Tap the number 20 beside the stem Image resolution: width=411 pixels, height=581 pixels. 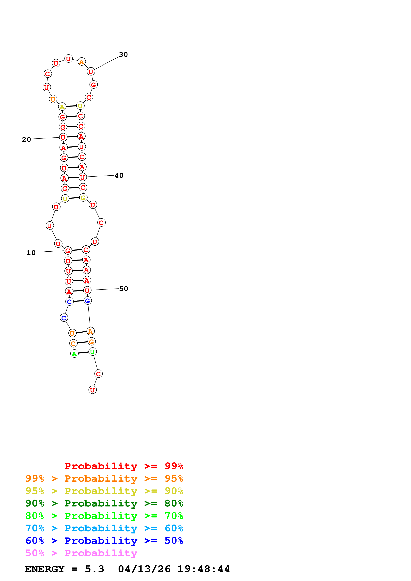click(26, 139)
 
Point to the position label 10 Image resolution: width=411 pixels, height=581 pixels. click(31, 253)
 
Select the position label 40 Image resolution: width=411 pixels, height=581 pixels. click(119, 175)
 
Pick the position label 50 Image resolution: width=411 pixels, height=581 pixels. click(124, 289)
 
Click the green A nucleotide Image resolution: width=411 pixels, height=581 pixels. click(74, 354)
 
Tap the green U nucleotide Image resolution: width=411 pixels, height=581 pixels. click(93, 352)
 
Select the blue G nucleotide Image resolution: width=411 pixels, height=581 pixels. click(88, 301)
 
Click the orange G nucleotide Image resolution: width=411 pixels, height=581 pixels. click(91, 342)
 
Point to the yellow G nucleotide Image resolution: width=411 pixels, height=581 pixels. click(83, 198)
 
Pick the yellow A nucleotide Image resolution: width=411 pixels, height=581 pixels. click(62, 107)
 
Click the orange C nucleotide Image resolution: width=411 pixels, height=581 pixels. click(73, 344)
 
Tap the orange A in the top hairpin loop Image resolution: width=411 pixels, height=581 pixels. click(81, 62)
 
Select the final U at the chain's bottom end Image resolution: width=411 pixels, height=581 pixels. click(93, 390)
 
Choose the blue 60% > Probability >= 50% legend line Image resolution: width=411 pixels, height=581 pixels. click(104, 541)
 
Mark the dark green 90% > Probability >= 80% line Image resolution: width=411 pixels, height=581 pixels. click(104, 503)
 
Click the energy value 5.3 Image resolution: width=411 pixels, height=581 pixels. click(95, 569)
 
